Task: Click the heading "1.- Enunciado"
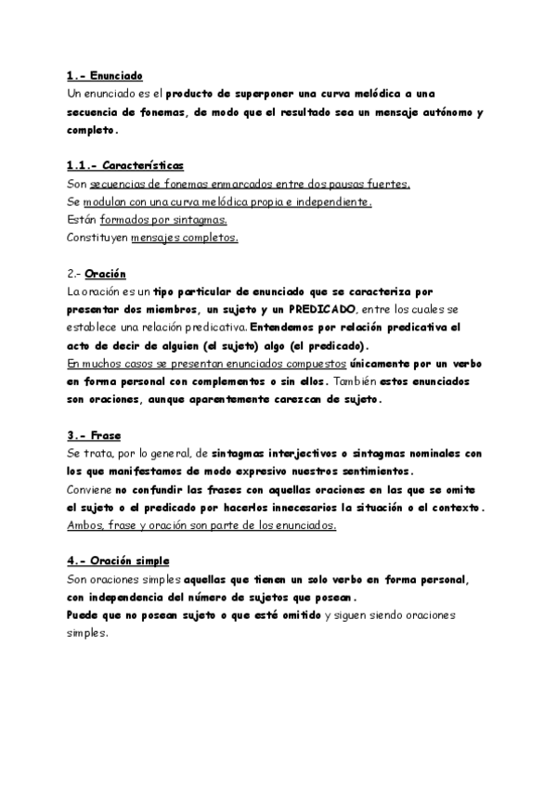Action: click(105, 76)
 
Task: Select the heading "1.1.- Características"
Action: click(125, 165)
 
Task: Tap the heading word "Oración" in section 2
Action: click(105, 274)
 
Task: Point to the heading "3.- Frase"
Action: click(95, 435)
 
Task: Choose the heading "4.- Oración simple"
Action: click(119, 561)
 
